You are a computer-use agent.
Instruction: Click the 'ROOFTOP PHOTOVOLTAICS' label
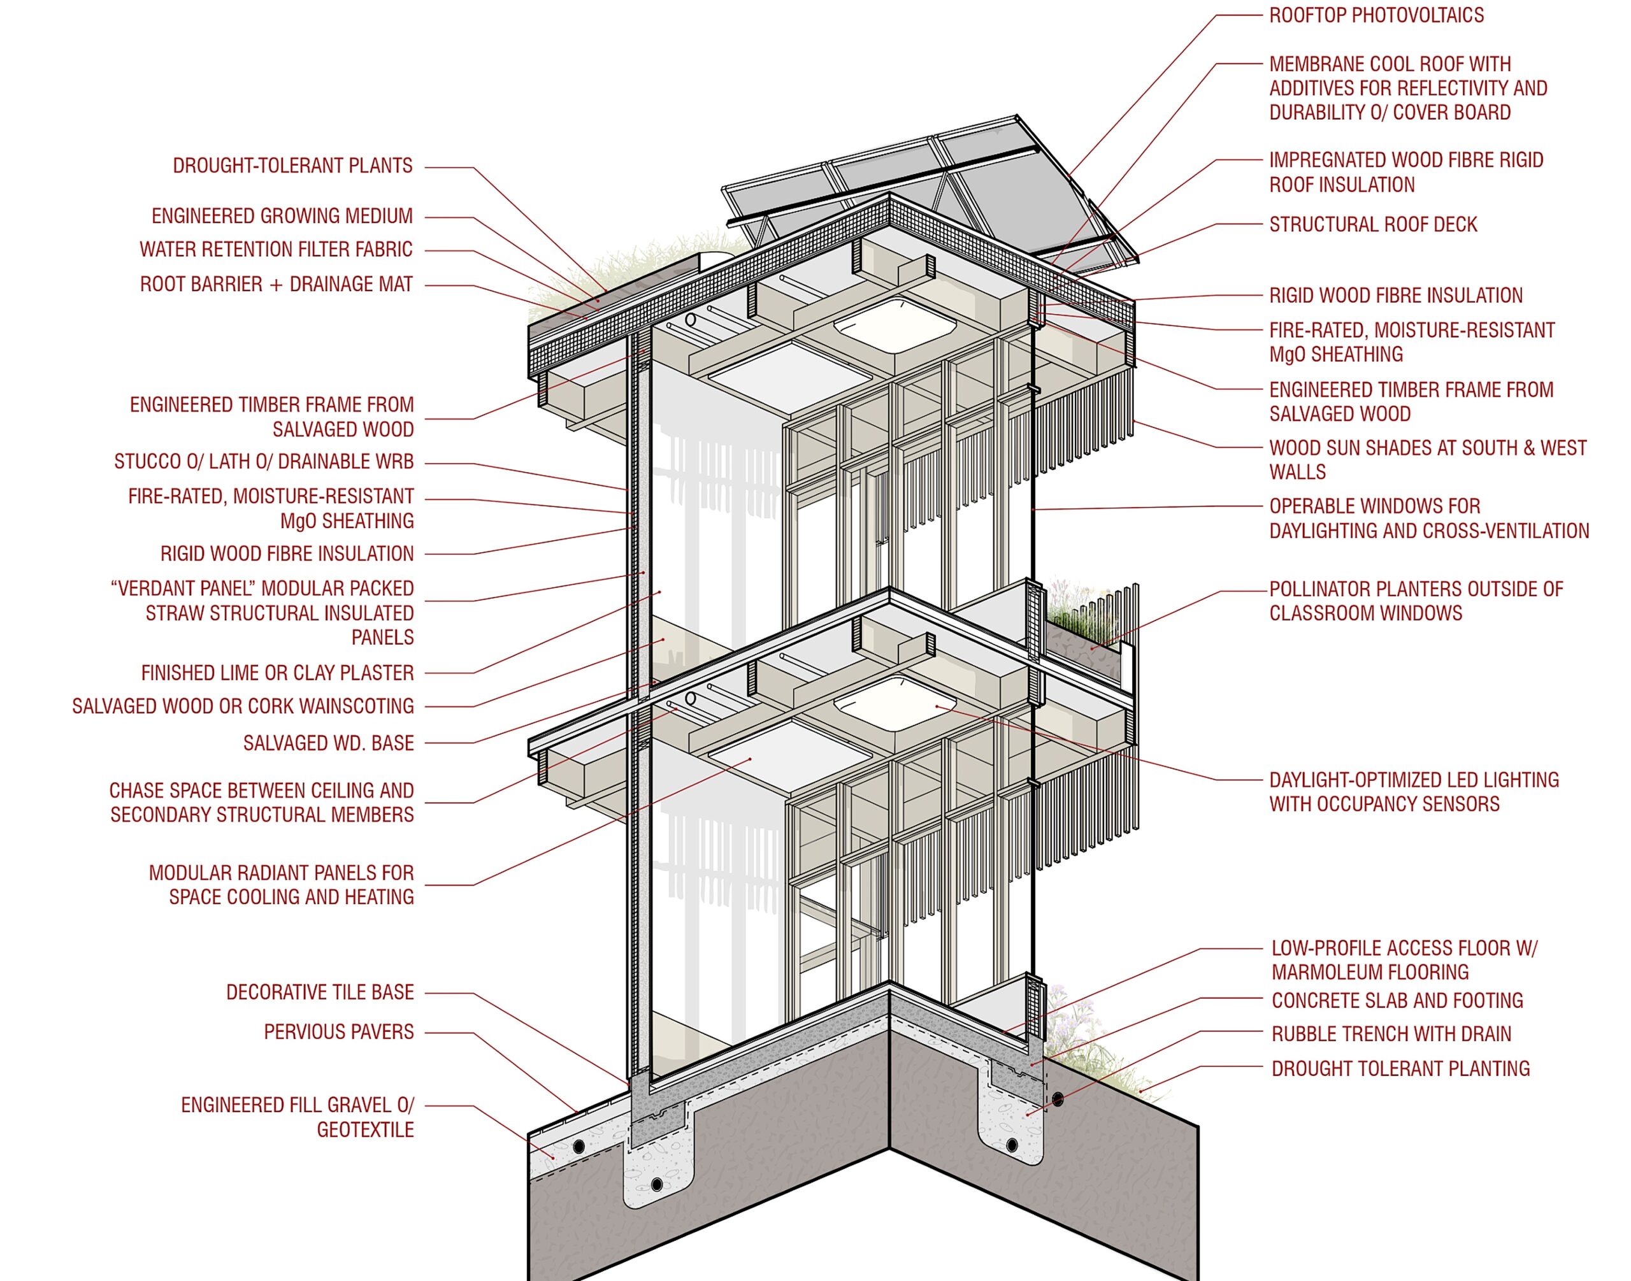(x=1376, y=16)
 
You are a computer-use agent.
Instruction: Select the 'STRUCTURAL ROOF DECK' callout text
(x=1373, y=224)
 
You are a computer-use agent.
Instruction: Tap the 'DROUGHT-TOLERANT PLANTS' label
(x=292, y=166)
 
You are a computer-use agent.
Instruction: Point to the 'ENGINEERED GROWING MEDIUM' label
(x=282, y=216)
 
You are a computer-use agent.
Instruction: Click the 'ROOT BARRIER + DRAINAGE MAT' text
(x=276, y=284)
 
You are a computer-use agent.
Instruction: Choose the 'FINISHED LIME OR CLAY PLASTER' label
(x=278, y=673)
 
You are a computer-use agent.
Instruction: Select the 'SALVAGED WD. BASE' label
(x=329, y=743)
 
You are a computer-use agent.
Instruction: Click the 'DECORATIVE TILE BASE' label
(x=320, y=992)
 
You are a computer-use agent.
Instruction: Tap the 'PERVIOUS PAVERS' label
(x=338, y=1032)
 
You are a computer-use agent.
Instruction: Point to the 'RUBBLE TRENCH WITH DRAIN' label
(x=1391, y=1034)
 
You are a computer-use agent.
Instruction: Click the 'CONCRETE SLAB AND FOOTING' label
(x=1397, y=1001)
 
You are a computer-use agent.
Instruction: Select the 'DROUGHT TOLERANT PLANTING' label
(x=1400, y=1069)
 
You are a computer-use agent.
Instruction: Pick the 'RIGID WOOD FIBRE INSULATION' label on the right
(x=1395, y=296)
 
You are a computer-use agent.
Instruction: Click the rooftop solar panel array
(x=930, y=187)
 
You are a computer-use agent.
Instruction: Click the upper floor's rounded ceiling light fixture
(x=895, y=325)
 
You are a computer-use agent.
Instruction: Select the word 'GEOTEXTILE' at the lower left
(x=364, y=1130)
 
